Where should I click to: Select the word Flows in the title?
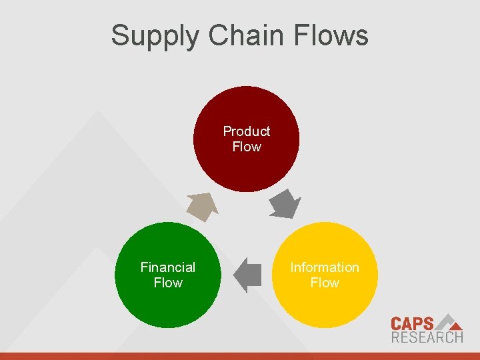(x=337, y=35)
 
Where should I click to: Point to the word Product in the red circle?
(x=247, y=131)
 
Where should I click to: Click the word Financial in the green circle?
(x=168, y=267)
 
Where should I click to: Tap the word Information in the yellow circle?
(x=325, y=267)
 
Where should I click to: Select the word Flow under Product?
(x=247, y=147)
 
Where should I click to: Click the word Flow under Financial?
(x=168, y=283)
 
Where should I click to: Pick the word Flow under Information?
(x=325, y=283)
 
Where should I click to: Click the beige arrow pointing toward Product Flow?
(x=202, y=206)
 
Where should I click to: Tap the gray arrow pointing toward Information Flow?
(x=286, y=204)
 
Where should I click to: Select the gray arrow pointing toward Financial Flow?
(x=248, y=274)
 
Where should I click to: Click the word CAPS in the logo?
(x=412, y=324)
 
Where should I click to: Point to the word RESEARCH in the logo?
(x=427, y=337)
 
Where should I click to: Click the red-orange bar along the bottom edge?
(x=240, y=356)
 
